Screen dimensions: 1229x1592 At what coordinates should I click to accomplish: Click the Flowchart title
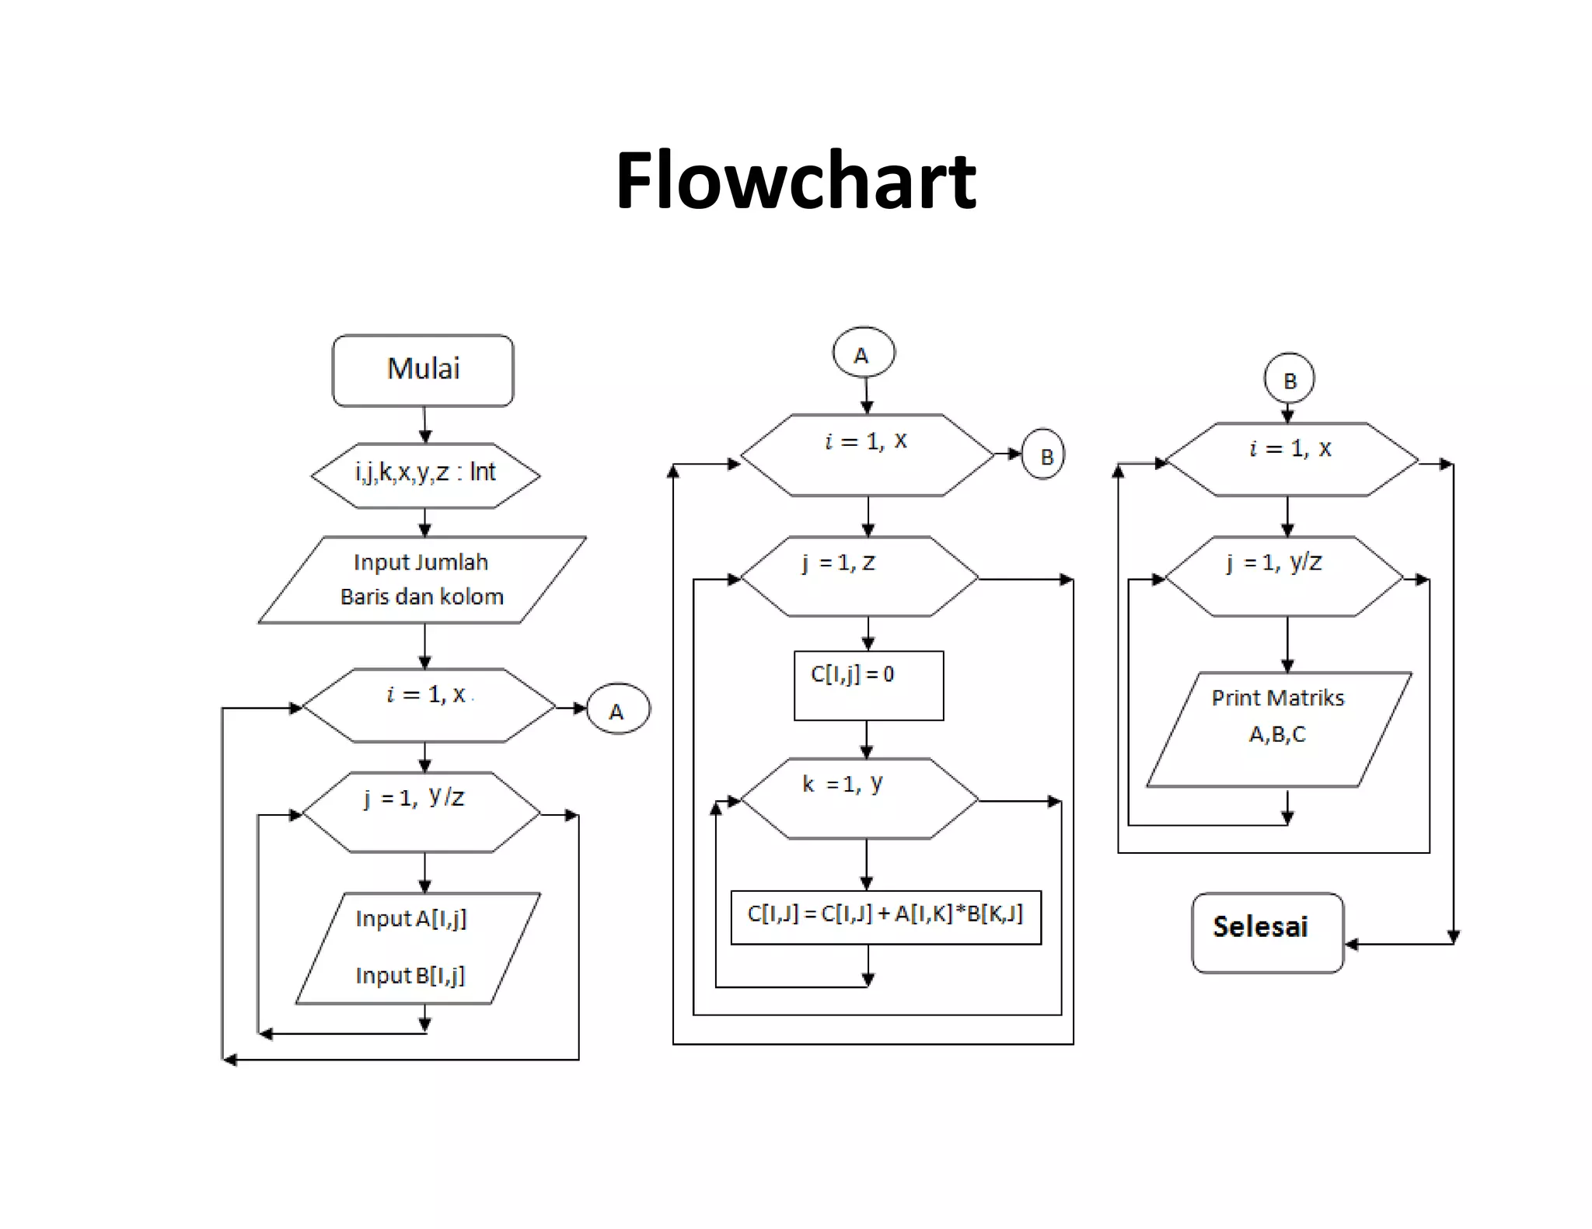[795, 181]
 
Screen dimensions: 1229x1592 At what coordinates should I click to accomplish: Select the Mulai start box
[423, 371]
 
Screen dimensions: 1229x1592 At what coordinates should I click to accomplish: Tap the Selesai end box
[1267, 932]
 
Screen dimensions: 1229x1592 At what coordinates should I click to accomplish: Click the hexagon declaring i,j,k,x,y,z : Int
[425, 475]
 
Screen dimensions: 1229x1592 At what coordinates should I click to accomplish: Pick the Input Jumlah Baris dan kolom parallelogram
[422, 580]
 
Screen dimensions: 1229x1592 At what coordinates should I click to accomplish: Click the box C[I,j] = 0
[868, 685]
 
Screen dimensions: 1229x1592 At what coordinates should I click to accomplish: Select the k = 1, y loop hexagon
[859, 799]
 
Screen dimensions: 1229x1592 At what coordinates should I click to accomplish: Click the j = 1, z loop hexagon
[859, 576]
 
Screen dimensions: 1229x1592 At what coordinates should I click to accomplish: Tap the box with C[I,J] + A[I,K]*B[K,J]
[885, 917]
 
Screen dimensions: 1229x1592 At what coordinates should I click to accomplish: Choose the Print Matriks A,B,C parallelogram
[1279, 729]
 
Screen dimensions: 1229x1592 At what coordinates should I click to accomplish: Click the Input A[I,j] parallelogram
[417, 948]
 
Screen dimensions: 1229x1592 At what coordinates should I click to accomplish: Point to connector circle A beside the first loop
[617, 709]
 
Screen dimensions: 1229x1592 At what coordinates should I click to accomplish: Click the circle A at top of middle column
[863, 353]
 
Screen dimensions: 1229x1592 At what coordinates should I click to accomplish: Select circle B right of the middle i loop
[1042, 454]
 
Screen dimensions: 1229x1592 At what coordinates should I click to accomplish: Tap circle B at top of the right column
[1289, 379]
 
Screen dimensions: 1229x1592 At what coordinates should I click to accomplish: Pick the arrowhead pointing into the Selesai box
[1352, 944]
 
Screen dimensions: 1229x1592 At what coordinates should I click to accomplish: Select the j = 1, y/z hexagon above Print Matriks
[1284, 576]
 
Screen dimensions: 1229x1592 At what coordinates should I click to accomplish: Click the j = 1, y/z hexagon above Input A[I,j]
[421, 812]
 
